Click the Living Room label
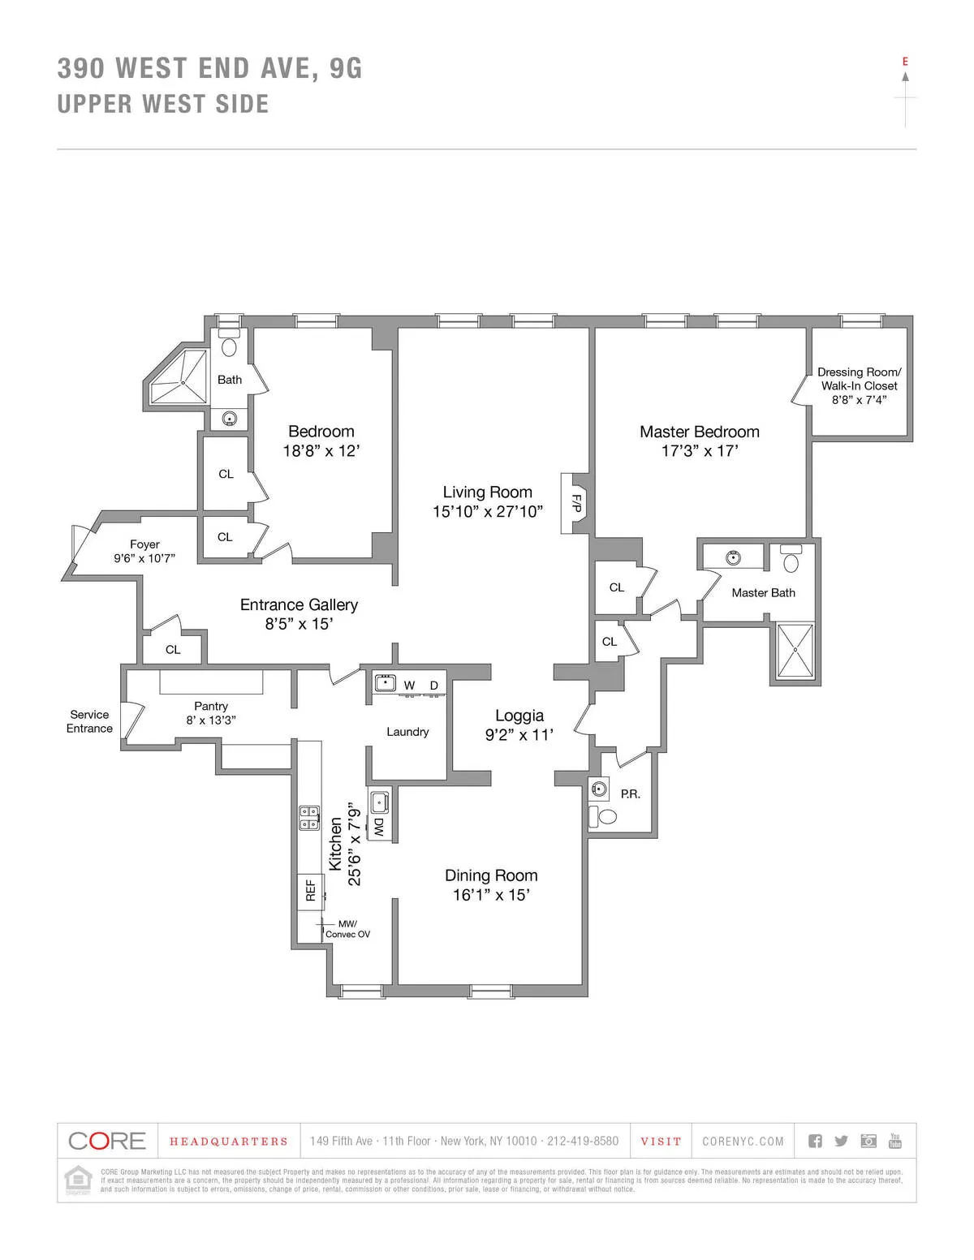coord(487,492)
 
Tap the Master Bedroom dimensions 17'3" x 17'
coord(700,452)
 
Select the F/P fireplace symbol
coord(575,503)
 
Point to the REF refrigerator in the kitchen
coord(309,891)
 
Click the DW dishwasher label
coord(378,828)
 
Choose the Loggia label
coord(519,716)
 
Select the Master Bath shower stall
coord(795,651)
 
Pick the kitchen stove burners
coord(309,818)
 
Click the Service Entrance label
coord(89,721)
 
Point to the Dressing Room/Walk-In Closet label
coord(859,379)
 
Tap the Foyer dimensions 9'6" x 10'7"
coord(144,558)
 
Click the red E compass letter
coord(905,62)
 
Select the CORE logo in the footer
coord(107,1141)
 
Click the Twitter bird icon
coord(841,1141)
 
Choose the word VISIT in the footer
coord(661,1142)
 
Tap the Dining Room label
coord(491,875)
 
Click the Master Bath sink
coord(734,557)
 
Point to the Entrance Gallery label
coord(299,604)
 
